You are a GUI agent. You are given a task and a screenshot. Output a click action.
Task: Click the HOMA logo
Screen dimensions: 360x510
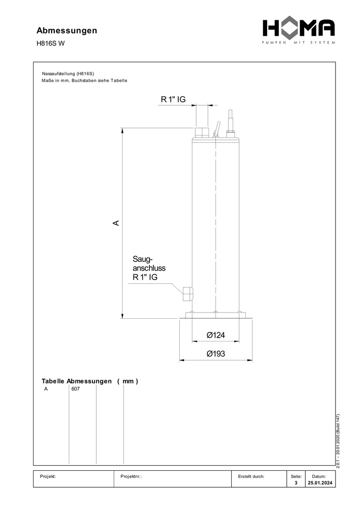tap(299, 31)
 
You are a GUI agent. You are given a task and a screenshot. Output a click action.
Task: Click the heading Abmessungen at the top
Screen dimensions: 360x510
tap(67, 30)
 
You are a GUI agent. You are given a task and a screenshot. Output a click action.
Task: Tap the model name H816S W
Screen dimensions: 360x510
tap(50, 43)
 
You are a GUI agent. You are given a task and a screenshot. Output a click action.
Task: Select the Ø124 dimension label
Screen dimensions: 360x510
tap(216, 335)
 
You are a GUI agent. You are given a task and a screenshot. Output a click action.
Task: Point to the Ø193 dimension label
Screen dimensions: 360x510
tap(216, 354)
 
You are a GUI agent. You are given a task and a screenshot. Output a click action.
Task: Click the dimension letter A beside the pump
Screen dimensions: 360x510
tap(116, 223)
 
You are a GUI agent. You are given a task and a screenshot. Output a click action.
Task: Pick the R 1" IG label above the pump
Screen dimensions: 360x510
tap(173, 99)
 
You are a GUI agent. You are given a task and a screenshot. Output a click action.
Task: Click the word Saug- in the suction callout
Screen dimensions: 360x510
tap(142, 259)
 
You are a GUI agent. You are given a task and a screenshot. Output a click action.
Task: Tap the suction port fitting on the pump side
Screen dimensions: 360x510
tap(187, 294)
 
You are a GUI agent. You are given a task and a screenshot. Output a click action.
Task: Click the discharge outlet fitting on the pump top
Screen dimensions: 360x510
tap(202, 132)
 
